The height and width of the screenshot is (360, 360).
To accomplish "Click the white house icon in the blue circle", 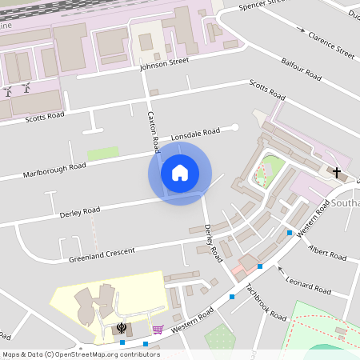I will click(x=180, y=173).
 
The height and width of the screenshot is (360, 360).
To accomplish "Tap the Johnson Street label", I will click(x=164, y=62).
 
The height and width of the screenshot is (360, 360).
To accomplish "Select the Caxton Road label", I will click(x=153, y=127).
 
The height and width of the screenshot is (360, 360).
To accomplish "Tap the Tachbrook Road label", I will click(x=266, y=302).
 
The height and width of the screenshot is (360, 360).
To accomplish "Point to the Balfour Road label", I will click(x=302, y=73).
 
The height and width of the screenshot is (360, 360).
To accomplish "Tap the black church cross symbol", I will click(x=337, y=172).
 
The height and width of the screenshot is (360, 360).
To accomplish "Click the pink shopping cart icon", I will click(x=158, y=329).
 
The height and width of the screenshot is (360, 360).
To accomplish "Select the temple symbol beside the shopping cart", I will click(x=121, y=327).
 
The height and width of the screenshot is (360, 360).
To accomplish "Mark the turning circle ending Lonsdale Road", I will click(x=235, y=126).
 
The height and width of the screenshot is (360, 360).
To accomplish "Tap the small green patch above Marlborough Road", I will click(x=102, y=153).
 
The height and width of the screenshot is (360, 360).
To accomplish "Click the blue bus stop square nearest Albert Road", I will click(x=290, y=233).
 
